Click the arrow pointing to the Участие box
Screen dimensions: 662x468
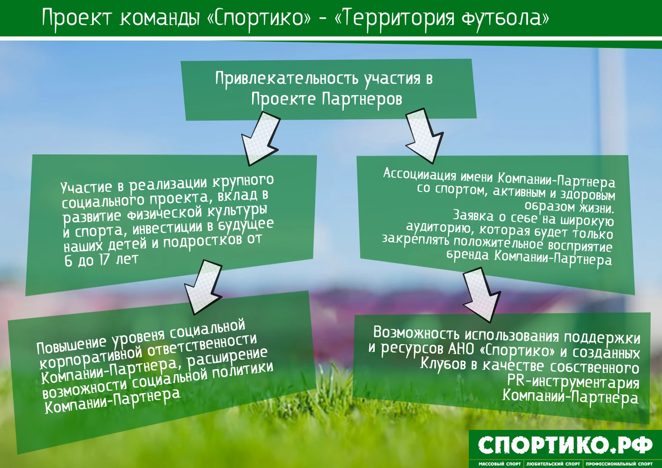[x=260, y=139]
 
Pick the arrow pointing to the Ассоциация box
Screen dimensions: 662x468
[x=424, y=136]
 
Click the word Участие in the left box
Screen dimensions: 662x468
[x=86, y=187]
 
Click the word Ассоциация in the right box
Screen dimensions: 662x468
[x=420, y=174]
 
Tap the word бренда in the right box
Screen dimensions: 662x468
[x=468, y=254]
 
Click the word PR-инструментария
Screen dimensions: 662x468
[x=573, y=383]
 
